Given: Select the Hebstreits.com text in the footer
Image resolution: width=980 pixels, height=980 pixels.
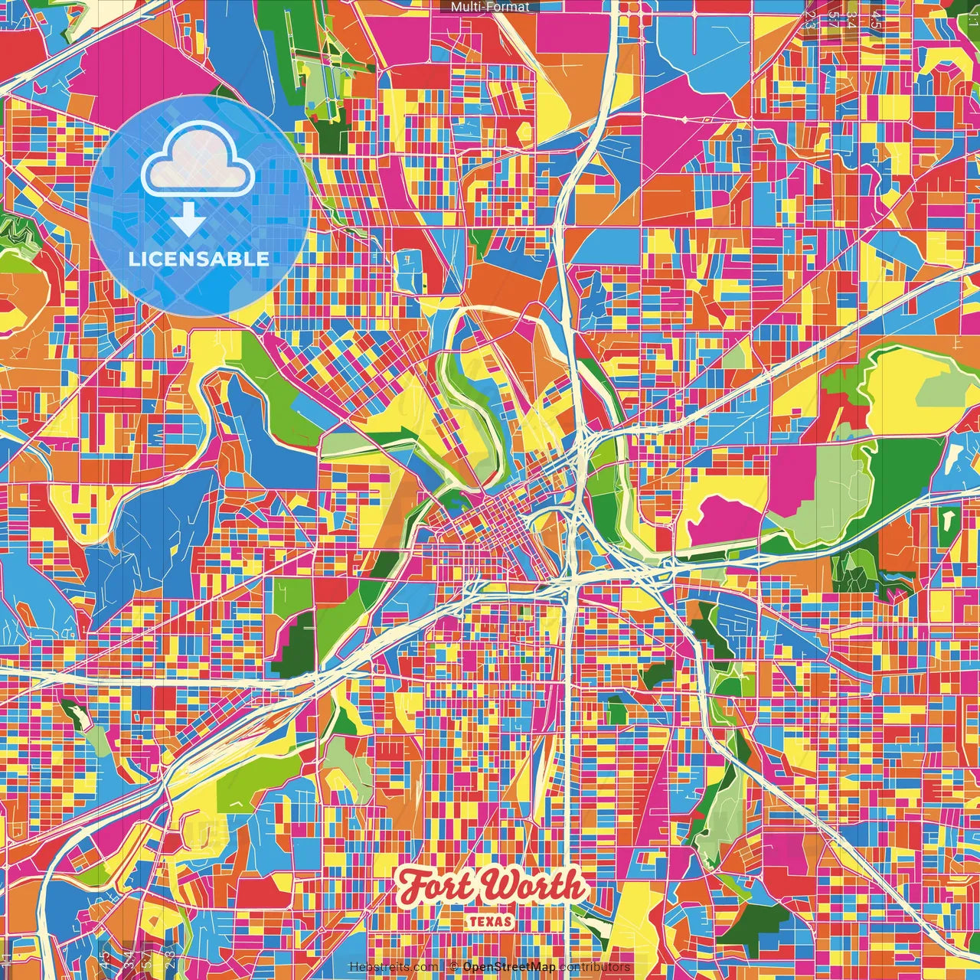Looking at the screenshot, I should coord(394,967).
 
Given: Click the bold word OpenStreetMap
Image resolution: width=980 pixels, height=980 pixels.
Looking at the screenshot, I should coord(509,967).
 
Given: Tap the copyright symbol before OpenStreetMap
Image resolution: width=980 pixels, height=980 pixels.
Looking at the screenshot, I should coord(453,967).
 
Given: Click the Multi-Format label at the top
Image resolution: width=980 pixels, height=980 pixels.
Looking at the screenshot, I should coord(490,7).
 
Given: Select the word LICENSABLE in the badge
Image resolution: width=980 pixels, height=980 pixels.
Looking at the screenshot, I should coord(199,259).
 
